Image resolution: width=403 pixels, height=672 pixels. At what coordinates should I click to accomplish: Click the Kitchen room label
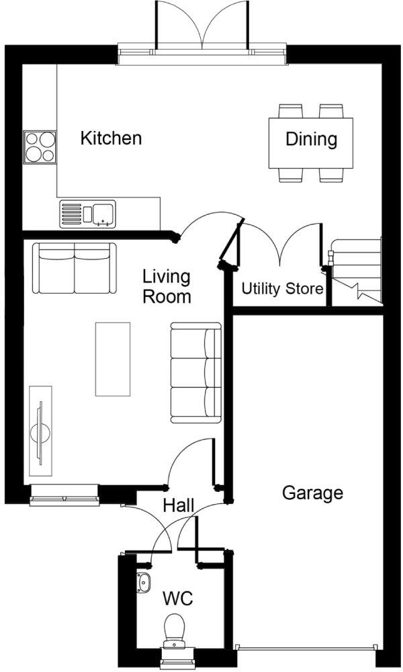[x=111, y=138]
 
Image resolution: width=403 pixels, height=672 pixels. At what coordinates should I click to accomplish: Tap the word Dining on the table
[x=311, y=139]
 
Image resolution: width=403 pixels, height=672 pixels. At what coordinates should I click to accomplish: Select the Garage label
[x=312, y=493]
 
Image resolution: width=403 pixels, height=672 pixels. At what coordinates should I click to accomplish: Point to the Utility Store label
[x=282, y=290]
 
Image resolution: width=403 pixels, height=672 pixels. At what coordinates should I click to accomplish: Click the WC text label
[x=177, y=597]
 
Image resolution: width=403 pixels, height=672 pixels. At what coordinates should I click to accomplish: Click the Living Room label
[x=167, y=286]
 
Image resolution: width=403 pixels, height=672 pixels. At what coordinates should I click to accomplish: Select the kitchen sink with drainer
[x=87, y=214]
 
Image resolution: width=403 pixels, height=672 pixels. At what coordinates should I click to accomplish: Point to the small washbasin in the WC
[x=144, y=583]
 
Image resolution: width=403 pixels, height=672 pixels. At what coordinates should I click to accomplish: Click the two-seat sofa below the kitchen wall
[x=74, y=269]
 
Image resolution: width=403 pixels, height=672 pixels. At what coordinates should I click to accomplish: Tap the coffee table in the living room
[x=113, y=359]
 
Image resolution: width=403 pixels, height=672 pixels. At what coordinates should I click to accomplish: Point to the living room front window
[x=64, y=498]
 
